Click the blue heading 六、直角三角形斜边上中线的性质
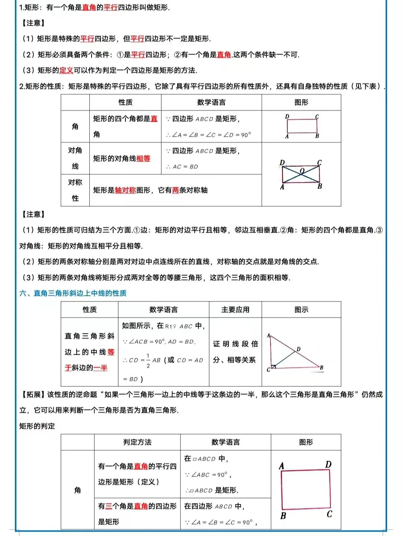(73, 293)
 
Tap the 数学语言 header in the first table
(211, 102)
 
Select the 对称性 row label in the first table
(75, 190)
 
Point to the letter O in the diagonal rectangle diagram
(302, 171)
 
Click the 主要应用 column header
(235, 310)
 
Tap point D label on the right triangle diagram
(299, 349)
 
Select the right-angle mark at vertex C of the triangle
(273, 367)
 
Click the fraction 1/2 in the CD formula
(148, 361)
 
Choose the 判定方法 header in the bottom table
(137, 442)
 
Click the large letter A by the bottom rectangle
(281, 466)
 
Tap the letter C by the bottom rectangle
(329, 514)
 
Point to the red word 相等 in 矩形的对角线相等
(143, 159)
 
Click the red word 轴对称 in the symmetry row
(125, 190)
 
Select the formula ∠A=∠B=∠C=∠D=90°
(208, 135)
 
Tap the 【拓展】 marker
(33, 395)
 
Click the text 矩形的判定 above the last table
(37, 426)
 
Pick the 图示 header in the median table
(301, 310)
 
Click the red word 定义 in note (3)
(66, 70)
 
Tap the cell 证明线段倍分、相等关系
(235, 352)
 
